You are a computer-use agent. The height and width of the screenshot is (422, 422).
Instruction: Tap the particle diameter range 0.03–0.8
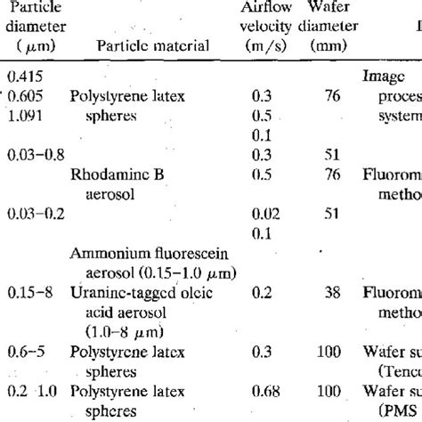pos(35,155)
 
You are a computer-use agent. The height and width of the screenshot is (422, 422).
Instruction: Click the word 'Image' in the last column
pos(380,77)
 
